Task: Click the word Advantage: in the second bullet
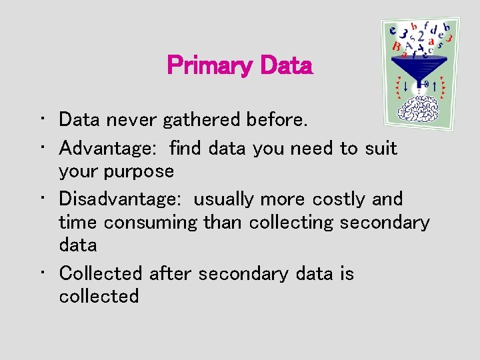point(109,149)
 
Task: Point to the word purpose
point(139,172)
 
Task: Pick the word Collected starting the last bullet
point(101,273)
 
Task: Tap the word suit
point(381,149)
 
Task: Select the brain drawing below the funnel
point(419,109)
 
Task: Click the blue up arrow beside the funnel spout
point(435,85)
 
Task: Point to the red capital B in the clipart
point(397,47)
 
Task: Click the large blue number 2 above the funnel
point(421,36)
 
